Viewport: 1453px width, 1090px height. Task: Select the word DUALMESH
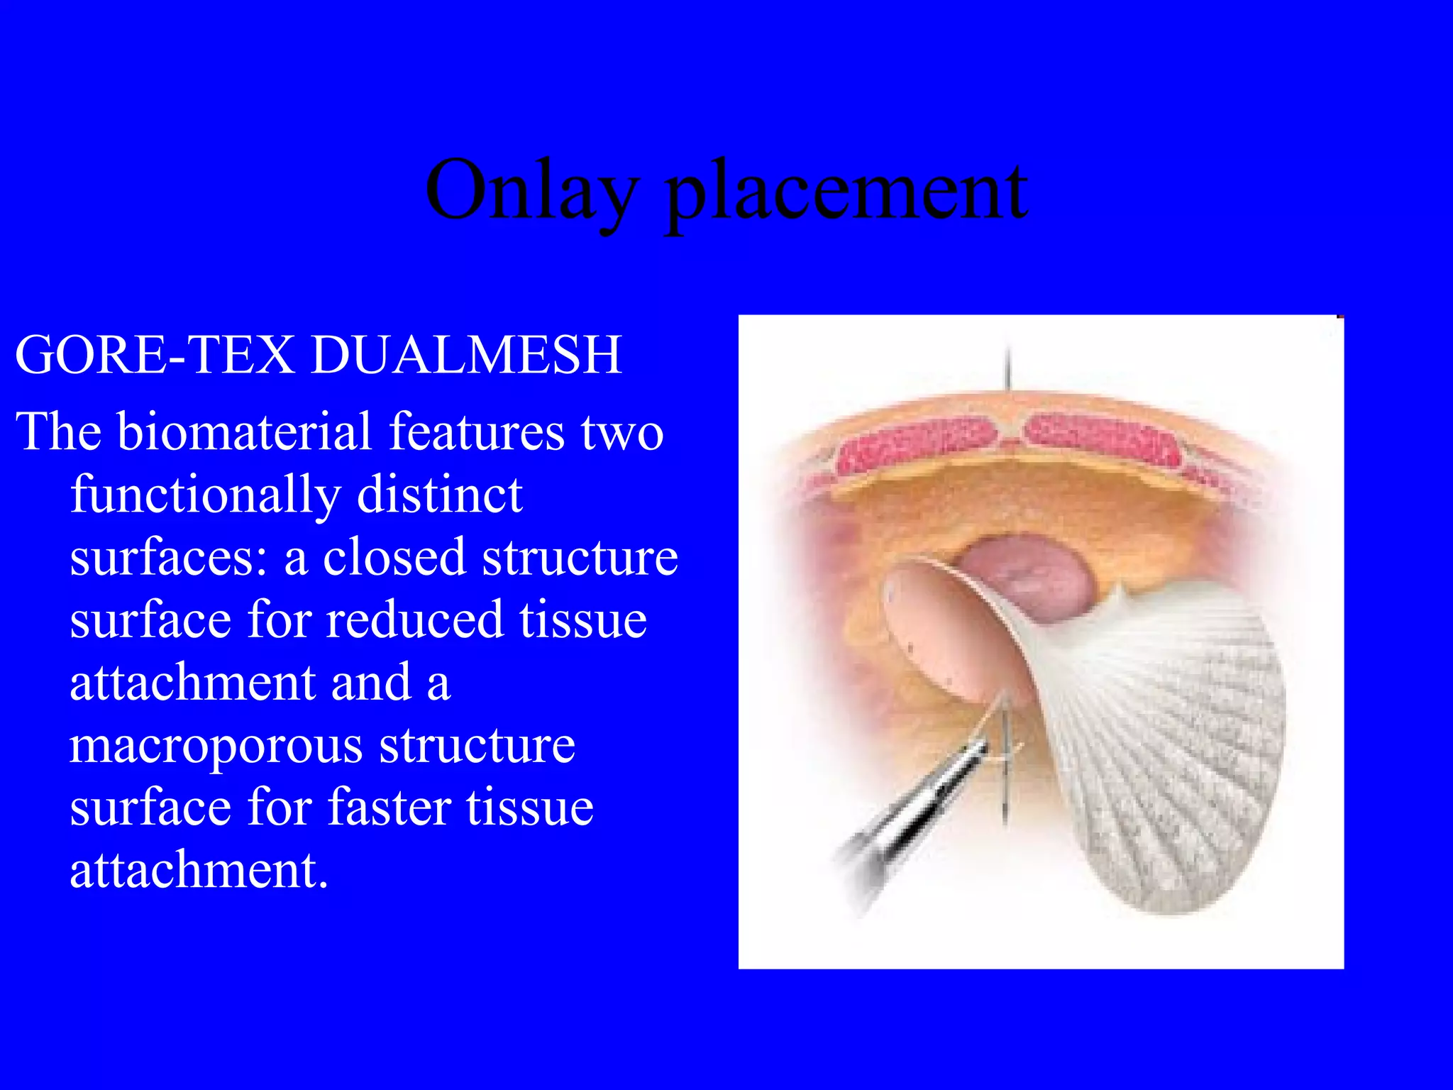tap(466, 355)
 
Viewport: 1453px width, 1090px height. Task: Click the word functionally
tap(205, 495)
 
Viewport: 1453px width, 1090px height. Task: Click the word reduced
tap(416, 620)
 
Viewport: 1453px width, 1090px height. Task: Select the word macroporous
tap(216, 747)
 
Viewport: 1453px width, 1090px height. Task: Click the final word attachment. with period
tap(199, 870)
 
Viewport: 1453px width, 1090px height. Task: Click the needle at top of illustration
tap(1008, 365)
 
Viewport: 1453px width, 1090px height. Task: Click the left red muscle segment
tap(915, 444)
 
